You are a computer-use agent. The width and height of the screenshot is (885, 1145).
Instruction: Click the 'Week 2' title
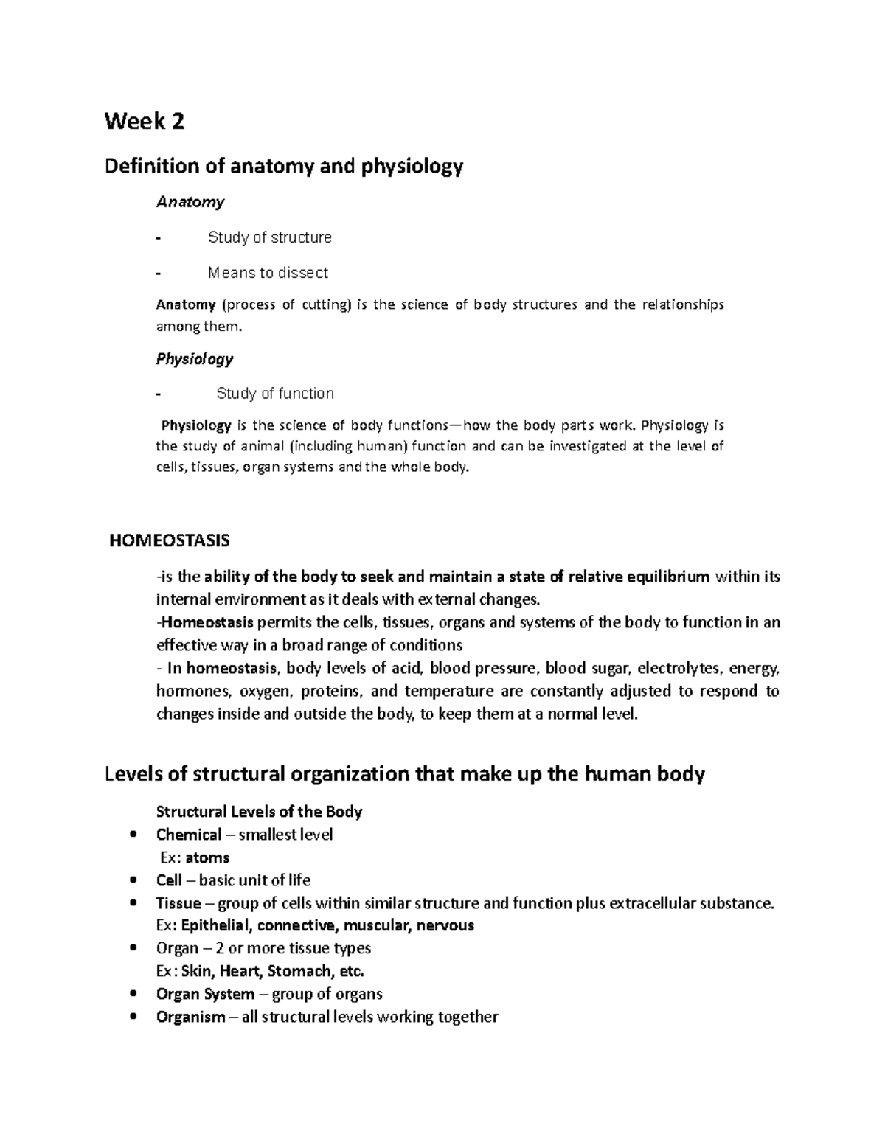145,121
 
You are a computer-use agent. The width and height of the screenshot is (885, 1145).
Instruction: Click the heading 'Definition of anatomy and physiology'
284,167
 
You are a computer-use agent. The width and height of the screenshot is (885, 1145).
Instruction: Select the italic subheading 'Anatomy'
190,202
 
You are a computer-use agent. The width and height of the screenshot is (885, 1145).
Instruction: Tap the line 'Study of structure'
269,237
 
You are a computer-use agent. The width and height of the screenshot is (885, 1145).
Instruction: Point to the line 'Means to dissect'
268,273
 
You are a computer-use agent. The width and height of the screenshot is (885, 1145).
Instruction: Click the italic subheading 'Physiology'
195,359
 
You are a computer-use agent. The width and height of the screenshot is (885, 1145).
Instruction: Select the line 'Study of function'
274,394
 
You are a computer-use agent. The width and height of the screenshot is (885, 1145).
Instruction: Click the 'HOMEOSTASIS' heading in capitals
170,541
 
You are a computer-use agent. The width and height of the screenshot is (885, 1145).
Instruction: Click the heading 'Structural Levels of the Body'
260,812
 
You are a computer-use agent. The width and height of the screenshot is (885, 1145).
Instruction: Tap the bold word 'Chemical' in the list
189,835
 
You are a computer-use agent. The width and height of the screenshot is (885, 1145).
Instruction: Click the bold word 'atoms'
207,857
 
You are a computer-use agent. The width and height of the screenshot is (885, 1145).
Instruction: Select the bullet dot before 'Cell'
133,880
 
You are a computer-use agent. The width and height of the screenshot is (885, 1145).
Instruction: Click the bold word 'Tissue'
178,903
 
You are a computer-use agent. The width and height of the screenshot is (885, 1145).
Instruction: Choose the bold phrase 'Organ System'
205,994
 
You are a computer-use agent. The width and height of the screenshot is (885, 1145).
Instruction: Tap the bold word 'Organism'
190,1017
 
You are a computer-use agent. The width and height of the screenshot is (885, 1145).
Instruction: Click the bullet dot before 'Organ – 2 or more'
133,948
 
